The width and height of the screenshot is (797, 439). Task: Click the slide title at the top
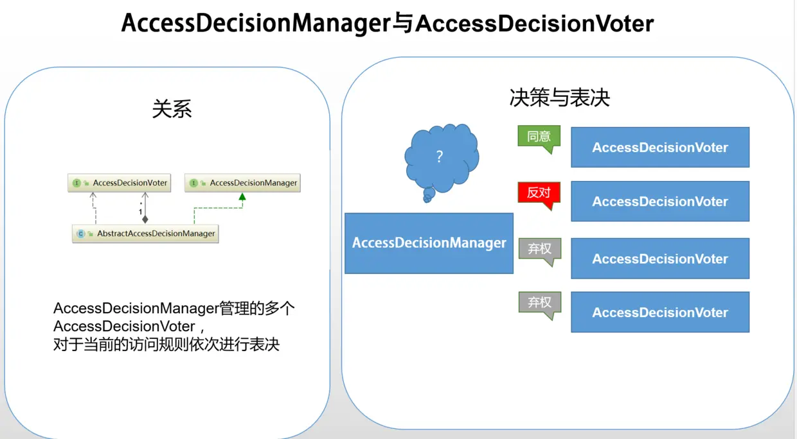pyautogui.click(x=388, y=24)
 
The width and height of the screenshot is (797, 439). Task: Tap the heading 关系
pyautogui.click(x=172, y=108)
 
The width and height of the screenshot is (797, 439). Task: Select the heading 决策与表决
pyautogui.click(x=559, y=97)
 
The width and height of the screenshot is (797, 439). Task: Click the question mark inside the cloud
pyautogui.click(x=440, y=157)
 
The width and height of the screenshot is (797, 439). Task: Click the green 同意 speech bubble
pyautogui.click(x=539, y=137)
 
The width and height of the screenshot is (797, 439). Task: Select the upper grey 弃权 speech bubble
pyautogui.click(x=539, y=249)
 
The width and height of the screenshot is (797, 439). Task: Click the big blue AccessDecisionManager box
pyautogui.click(x=429, y=243)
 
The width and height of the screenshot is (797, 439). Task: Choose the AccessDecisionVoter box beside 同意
pyautogui.click(x=660, y=148)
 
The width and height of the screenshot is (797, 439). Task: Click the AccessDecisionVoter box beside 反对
pyautogui.click(x=660, y=202)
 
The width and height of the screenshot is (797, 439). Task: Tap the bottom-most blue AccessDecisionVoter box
pyautogui.click(x=660, y=313)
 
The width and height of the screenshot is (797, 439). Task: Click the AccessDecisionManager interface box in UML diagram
pyautogui.click(x=243, y=183)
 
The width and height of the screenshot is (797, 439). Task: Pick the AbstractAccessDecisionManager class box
pyautogui.click(x=146, y=234)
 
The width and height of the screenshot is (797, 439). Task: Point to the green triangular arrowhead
pyautogui.click(x=242, y=197)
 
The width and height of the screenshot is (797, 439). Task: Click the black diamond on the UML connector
pyautogui.click(x=145, y=219)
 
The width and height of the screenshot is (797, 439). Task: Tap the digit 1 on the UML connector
pyautogui.click(x=140, y=212)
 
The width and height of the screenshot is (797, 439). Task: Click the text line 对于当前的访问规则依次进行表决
pyautogui.click(x=166, y=344)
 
